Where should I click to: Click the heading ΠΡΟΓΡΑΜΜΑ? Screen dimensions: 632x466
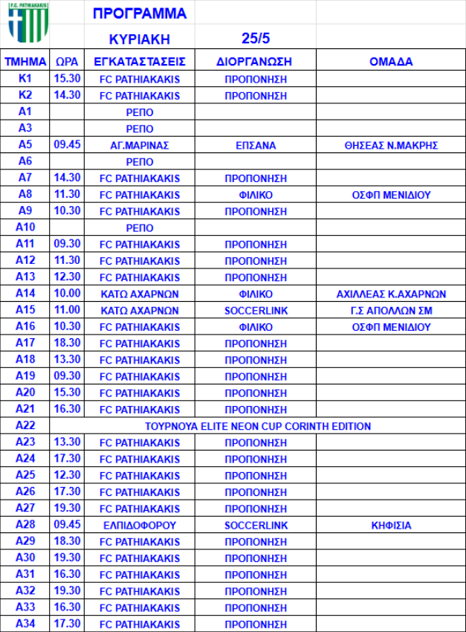tap(140, 13)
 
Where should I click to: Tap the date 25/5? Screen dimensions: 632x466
tap(256, 39)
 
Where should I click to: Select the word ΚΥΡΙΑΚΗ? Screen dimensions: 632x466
tap(140, 39)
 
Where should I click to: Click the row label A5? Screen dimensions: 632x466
tap(25, 145)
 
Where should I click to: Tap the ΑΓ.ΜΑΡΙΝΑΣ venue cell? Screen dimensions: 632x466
tap(140, 146)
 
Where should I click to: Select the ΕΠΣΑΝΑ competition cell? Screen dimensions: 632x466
tap(256, 146)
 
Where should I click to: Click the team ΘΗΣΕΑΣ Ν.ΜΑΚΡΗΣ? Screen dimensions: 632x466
tap(391, 146)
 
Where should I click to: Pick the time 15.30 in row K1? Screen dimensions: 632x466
tap(67, 79)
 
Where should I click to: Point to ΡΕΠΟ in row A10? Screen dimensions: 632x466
tap(140, 228)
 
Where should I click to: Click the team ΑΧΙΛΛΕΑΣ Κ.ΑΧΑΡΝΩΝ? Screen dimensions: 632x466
tap(391, 294)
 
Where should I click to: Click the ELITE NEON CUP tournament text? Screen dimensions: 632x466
tap(258, 426)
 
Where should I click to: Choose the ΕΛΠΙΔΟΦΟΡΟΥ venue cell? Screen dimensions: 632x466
tap(140, 525)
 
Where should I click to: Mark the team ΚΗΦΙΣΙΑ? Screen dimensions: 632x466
tap(391, 525)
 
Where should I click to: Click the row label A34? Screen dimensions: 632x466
tap(25, 624)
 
